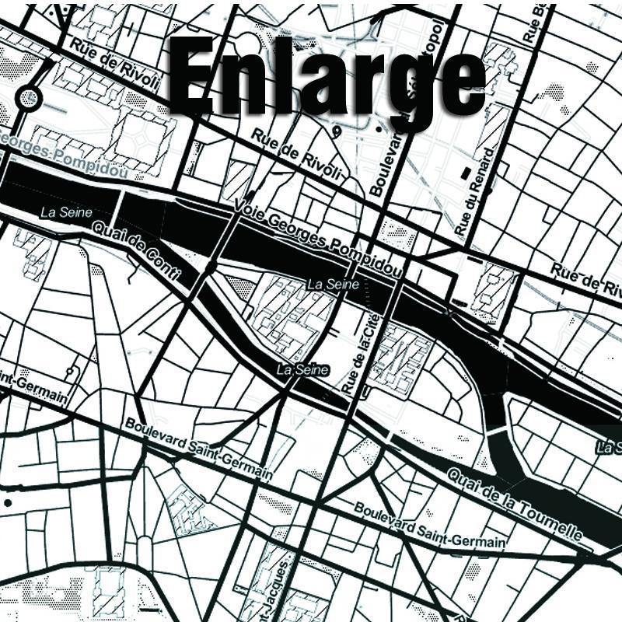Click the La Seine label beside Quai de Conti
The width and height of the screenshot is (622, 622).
coord(66,212)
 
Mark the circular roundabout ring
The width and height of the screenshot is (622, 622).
coord(30,98)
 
